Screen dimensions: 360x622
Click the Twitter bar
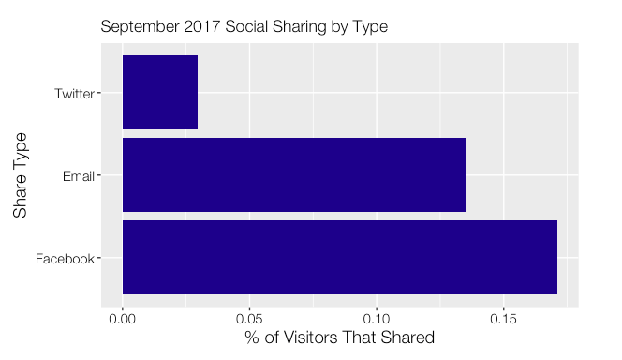click(159, 92)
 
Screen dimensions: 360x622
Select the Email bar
click(294, 175)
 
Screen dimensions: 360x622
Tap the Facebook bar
click(339, 258)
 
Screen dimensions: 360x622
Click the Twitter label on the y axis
click(74, 93)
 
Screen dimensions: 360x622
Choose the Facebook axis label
click(65, 259)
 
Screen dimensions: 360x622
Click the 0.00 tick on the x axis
click(123, 319)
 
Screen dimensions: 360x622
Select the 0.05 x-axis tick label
click(249, 319)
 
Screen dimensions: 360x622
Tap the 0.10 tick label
click(377, 319)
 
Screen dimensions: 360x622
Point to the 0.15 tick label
click(504, 319)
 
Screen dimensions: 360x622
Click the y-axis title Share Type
click(22, 175)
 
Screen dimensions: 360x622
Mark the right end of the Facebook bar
click(556, 258)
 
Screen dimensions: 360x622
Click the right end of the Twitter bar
click(197, 92)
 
